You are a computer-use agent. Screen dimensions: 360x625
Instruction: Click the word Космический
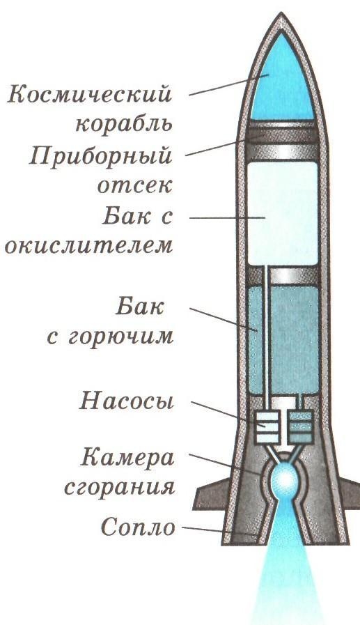coord(90,95)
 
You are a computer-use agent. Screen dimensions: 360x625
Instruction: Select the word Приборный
coord(101,155)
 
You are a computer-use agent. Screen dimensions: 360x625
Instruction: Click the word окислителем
coord(89,245)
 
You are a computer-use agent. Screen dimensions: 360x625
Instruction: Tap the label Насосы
coord(127,401)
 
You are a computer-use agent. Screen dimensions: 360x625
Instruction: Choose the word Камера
coord(127,458)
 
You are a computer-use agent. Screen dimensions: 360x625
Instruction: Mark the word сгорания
coord(120,486)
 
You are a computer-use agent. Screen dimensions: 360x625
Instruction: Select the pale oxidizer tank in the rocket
coord(283,214)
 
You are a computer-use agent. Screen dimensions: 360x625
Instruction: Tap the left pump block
coord(267,428)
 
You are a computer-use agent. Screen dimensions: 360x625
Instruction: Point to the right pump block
coord(300,427)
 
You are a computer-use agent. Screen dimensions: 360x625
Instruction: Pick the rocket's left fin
coord(209,494)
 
